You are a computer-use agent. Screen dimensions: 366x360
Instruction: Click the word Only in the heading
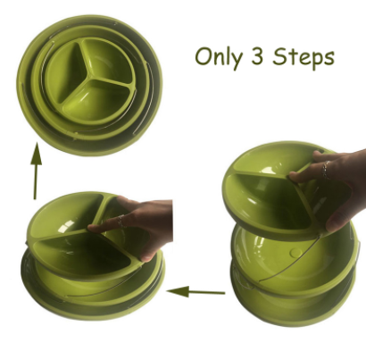pos(218,58)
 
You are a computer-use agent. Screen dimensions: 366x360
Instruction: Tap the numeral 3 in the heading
pos(257,56)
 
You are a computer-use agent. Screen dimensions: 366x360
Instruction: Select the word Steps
pos(304,58)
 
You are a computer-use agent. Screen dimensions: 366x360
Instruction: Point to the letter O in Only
pos(203,56)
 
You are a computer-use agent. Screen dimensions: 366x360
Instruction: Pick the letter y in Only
pos(236,61)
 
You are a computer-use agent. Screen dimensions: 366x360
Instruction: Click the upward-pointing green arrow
pos(36,171)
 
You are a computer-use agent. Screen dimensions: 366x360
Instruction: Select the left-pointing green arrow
pos(195,291)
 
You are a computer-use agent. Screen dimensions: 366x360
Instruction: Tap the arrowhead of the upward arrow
pos(37,153)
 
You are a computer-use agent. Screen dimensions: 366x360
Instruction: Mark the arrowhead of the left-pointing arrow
pos(178,291)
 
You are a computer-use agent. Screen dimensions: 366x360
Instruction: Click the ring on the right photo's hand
pos(326,170)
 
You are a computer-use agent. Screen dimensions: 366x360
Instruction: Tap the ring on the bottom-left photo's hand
pos(120,222)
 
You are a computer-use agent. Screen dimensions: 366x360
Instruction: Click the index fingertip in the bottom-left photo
pos(93,229)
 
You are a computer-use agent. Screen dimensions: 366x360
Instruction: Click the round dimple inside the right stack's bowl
pos(295,253)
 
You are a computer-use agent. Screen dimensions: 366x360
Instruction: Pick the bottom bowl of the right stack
pos(293,301)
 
